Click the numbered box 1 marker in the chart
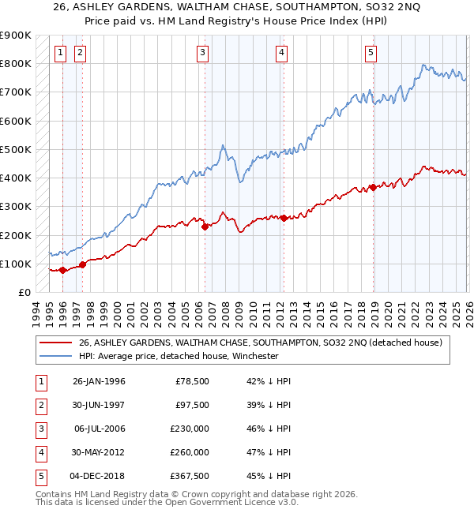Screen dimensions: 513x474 point(62,53)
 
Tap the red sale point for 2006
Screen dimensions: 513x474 point(205,227)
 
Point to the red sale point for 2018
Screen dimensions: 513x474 point(373,188)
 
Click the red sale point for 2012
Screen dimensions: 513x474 point(283,219)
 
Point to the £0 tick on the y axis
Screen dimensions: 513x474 point(24,292)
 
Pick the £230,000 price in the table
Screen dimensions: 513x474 point(190,429)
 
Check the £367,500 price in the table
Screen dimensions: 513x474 point(190,476)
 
